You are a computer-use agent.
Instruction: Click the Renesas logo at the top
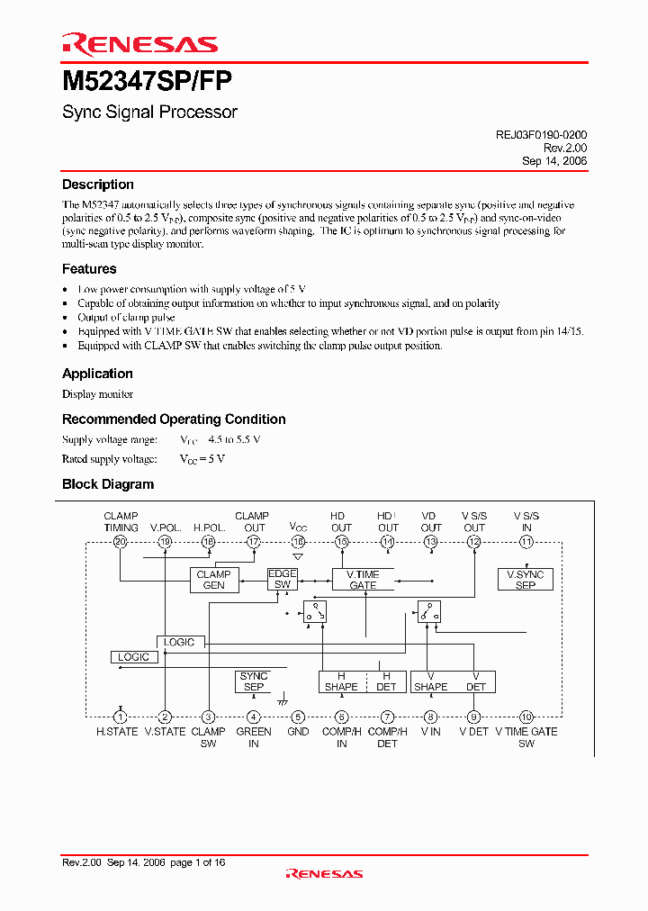pos(139,44)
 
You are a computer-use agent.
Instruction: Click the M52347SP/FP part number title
pos(147,82)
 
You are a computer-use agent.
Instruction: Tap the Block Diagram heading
pos(108,484)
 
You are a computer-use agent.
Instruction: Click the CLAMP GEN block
pos(213,580)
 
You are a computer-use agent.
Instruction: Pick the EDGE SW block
pos(283,580)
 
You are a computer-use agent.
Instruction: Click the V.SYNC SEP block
pos(526,580)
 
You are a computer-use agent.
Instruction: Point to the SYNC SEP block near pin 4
pos(254,681)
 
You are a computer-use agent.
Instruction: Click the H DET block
pos(386,681)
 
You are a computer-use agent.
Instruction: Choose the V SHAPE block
pos(430,681)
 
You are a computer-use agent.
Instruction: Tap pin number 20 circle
pos(121,542)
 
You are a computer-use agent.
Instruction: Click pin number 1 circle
pos(121,717)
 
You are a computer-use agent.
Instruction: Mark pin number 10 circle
pos(526,717)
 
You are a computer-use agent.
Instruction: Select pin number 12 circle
pos(473,542)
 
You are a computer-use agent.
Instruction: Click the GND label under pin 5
pos(298,732)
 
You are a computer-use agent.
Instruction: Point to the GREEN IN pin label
pos(254,737)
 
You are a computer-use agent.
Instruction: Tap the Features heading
pos(89,269)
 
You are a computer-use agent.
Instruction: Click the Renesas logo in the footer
pos(324,873)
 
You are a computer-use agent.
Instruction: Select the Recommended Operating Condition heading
pos(174,419)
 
